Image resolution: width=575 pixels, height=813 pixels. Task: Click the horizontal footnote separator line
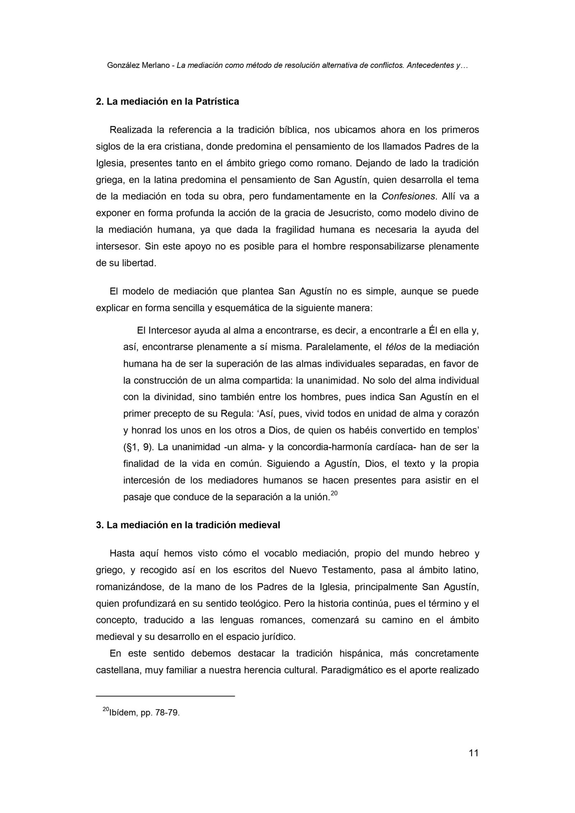[x=165, y=696]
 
